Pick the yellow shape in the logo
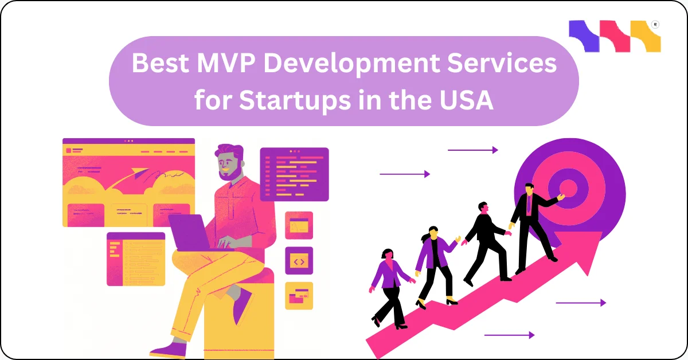tap(645, 36)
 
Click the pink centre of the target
tap(568, 187)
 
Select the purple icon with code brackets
tap(299, 261)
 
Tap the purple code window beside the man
tap(294, 174)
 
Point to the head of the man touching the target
tap(529, 190)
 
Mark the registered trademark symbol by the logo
tap(655, 25)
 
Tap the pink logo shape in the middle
tap(613, 36)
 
